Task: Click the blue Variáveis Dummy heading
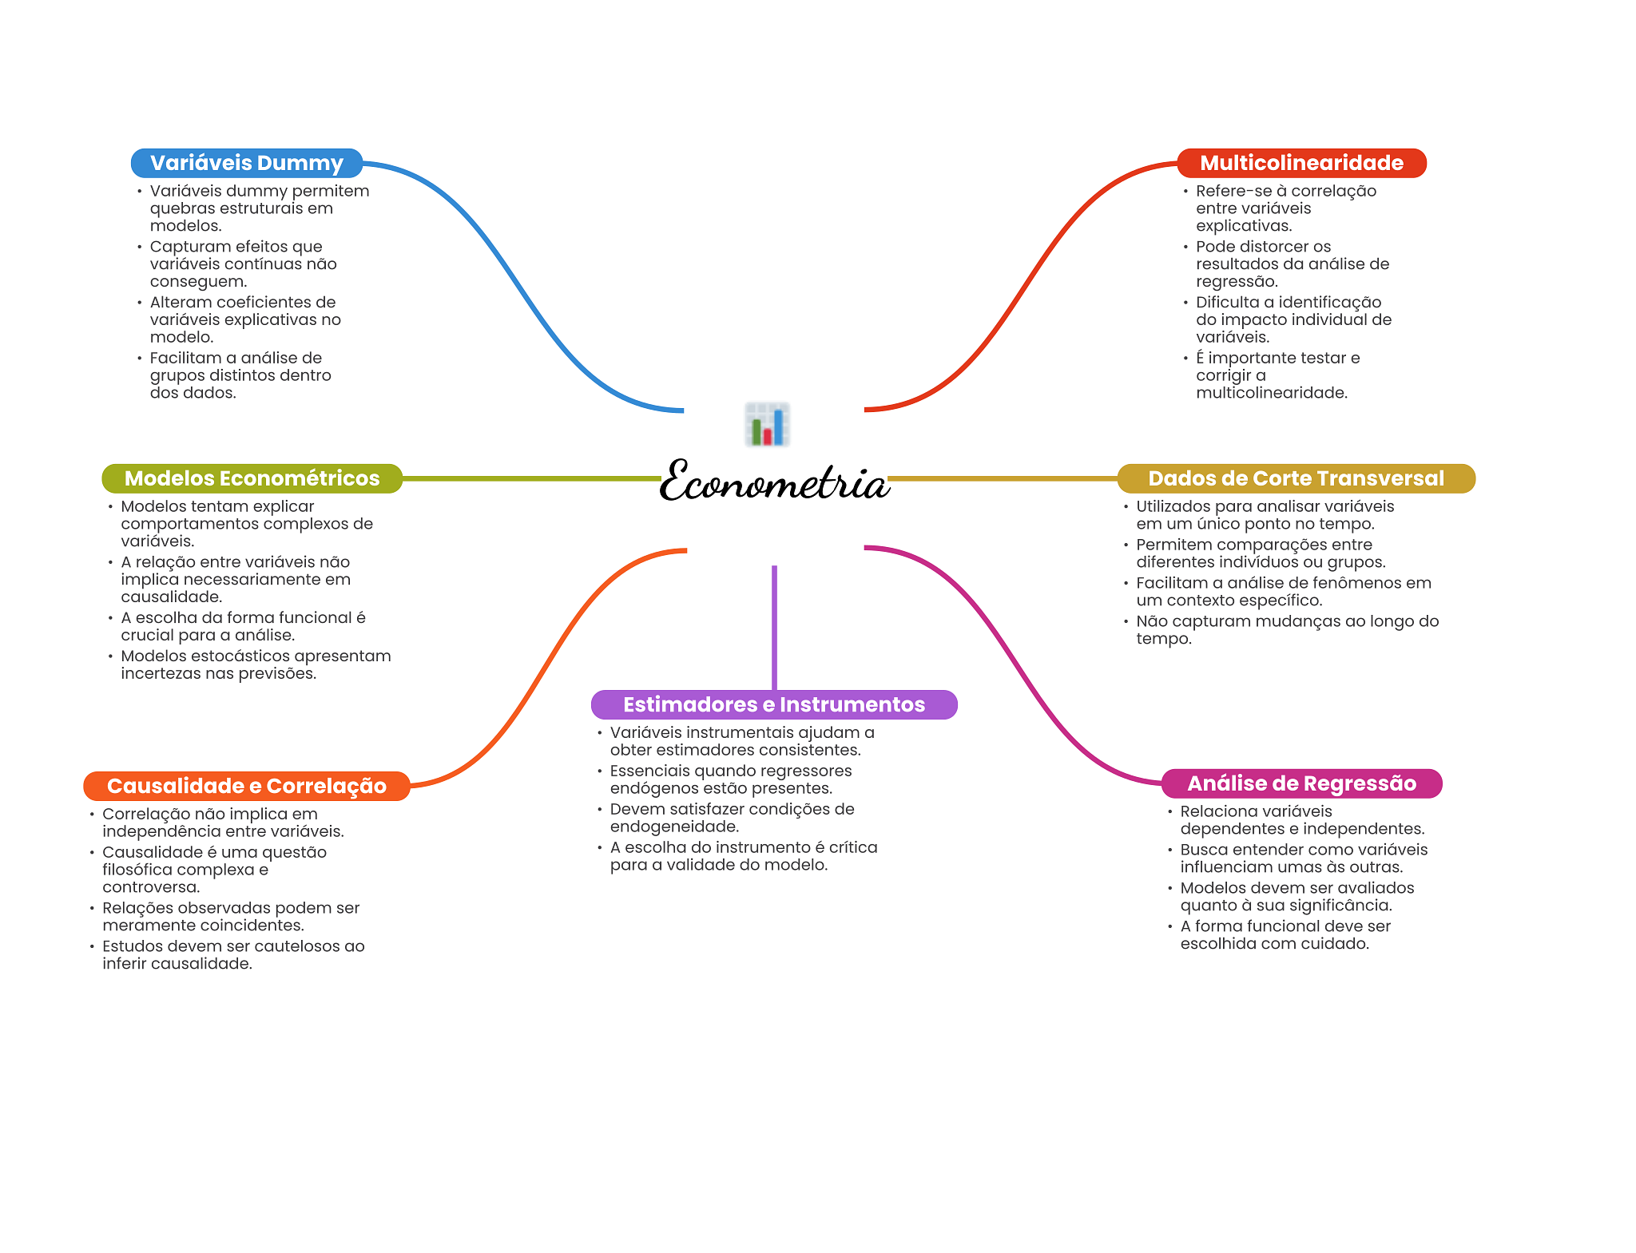(246, 163)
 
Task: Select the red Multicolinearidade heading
(1301, 163)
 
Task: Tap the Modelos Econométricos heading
(252, 478)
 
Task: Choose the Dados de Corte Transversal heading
(1296, 478)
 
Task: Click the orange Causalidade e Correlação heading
(246, 786)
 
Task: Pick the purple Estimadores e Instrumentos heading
(773, 704)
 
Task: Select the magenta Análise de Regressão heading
(1301, 783)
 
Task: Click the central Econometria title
(773, 482)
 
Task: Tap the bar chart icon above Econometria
(767, 424)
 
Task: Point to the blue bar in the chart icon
(778, 427)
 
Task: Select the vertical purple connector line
(774, 627)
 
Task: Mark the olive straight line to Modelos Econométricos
(531, 478)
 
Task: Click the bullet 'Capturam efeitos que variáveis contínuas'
(243, 264)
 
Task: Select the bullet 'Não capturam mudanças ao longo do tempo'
(1286, 629)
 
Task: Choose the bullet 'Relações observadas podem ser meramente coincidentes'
(230, 916)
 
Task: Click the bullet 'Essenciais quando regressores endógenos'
(730, 779)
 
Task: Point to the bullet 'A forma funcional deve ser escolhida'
(1285, 934)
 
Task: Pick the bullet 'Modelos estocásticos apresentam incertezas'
(255, 664)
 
